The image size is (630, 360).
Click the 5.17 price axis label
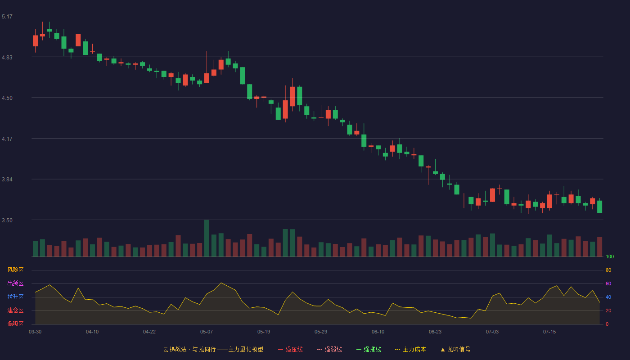(7, 17)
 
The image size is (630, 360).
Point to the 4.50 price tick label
(7, 98)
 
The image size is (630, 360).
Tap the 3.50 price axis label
(7, 220)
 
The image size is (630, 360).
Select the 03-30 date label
(35, 332)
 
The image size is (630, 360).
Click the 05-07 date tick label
(207, 332)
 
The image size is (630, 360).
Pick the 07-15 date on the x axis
(549, 332)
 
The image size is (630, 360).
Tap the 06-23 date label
(435, 332)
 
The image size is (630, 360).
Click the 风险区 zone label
(15, 270)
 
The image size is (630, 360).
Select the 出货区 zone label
(15, 283)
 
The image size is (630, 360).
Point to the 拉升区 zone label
(15, 297)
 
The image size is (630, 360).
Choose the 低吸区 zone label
(15, 324)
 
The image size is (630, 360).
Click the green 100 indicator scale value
(610, 256)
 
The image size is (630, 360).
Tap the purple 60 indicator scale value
(608, 283)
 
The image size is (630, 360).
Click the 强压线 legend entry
(290, 349)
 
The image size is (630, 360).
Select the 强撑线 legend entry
(369, 349)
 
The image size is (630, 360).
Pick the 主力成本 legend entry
(410, 349)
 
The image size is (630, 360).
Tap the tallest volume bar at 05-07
(207, 238)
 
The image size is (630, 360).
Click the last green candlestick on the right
(599, 206)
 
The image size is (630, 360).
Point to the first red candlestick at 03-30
(35, 41)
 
